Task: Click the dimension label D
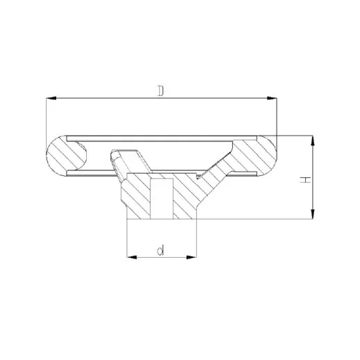click(x=161, y=90)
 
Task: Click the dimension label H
click(x=305, y=180)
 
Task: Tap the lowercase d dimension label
click(x=161, y=250)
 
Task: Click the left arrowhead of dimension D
click(x=51, y=98)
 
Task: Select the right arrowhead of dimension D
click(x=272, y=98)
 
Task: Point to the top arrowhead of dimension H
click(x=313, y=140)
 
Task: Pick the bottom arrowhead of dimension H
click(x=313, y=214)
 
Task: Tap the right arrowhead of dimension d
click(x=191, y=257)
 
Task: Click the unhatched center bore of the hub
click(x=162, y=199)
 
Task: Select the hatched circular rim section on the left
click(x=66, y=156)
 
